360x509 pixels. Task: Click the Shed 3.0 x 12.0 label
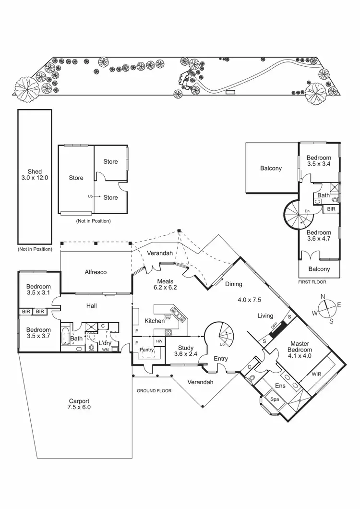coord(35,174)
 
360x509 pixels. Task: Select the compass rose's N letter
coord(323,296)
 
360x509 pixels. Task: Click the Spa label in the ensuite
coord(275,399)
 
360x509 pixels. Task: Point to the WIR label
coord(316,373)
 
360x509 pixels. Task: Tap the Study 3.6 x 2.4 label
coord(185,351)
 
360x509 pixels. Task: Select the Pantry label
coord(147,350)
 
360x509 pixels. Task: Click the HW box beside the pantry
coord(159,341)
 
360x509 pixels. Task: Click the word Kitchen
coord(155,320)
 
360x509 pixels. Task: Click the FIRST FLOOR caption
coord(312,283)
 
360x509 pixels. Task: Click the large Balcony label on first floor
coord(271,168)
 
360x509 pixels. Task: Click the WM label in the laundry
coord(105,350)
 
